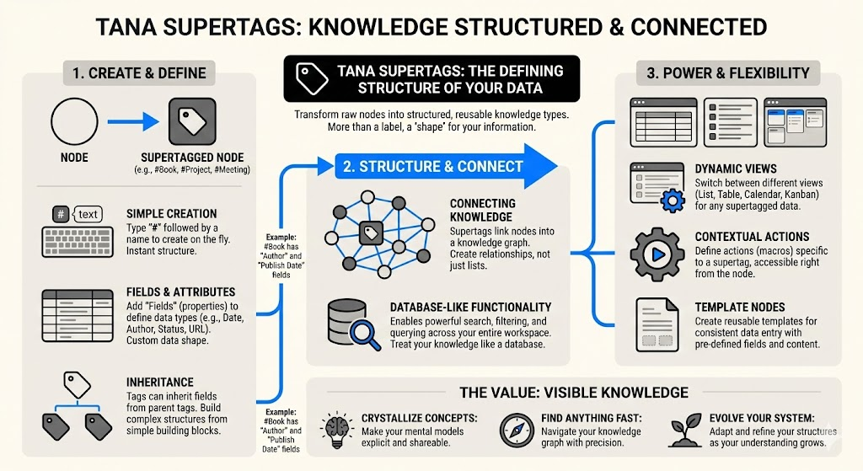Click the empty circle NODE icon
75,120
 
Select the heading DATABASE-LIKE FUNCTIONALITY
470,308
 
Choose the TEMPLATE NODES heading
739,308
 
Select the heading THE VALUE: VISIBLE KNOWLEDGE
573,393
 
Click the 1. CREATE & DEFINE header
139,72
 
